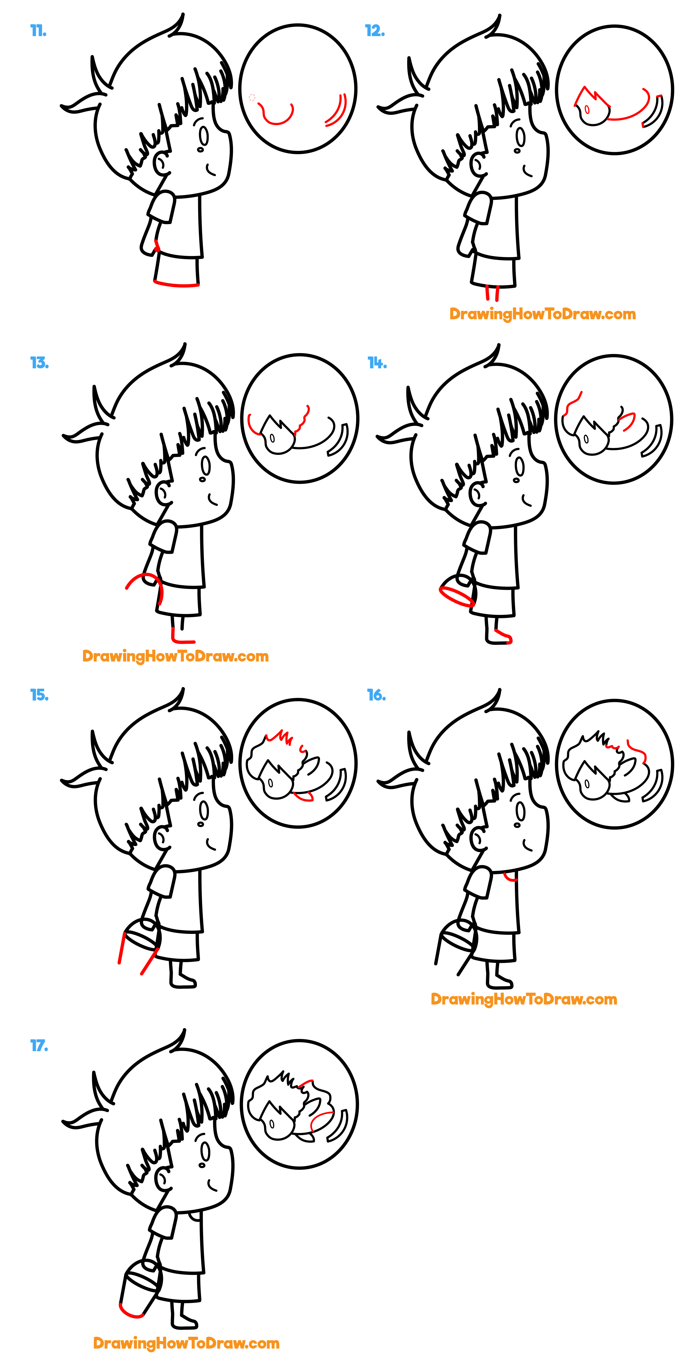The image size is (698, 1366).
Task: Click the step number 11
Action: pyautogui.click(x=38, y=31)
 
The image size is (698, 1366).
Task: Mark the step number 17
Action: pyautogui.click(x=39, y=1046)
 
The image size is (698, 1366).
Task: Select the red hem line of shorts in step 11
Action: pyautogui.click(x=176, y=285)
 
